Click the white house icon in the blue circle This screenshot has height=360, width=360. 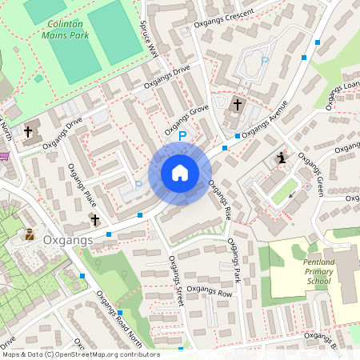180,173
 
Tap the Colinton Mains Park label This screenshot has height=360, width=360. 66,30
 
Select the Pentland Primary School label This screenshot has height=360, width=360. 306,271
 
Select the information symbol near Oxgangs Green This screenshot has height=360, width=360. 281,158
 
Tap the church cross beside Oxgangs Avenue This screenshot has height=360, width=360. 237,105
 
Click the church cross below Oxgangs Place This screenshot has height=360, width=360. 94,219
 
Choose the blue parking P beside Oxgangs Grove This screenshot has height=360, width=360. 182,137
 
